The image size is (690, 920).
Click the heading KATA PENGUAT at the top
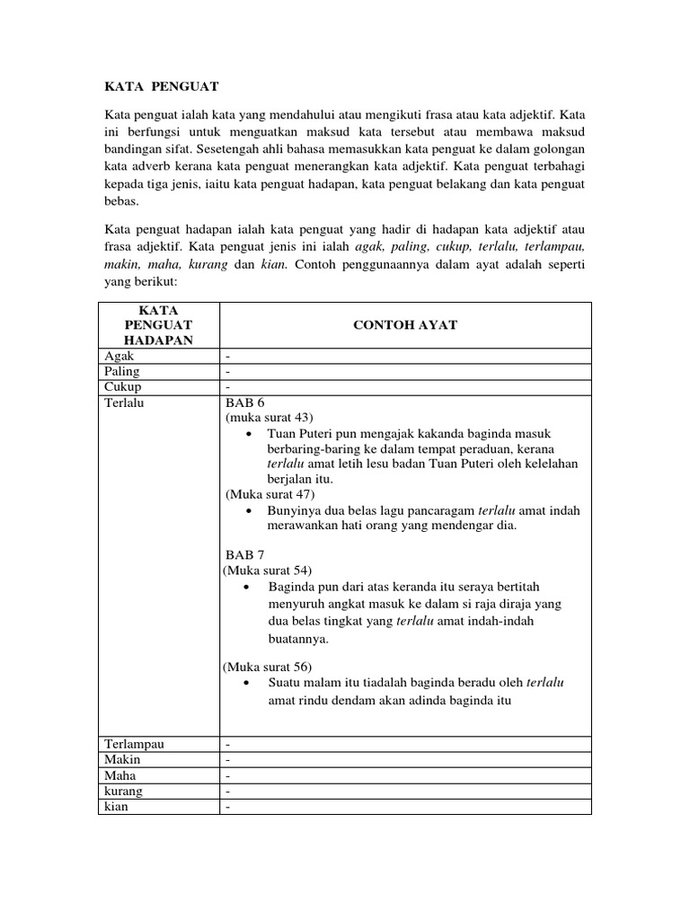[162, 86]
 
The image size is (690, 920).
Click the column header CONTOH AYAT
[405, 324]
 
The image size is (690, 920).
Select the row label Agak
[119, 355]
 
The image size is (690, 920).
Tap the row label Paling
[122, 371]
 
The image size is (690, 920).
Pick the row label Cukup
[123, 387]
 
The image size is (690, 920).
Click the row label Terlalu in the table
[124, 403]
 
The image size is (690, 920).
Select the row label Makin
[123, 759]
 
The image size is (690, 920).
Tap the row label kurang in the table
[124, 791]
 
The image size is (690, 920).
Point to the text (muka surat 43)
[269, 418]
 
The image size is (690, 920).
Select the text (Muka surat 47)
[270, 493]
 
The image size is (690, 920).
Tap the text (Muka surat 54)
[268, 570]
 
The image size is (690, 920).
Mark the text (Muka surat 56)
[268, 666]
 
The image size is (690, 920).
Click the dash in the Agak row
[228, 355]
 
